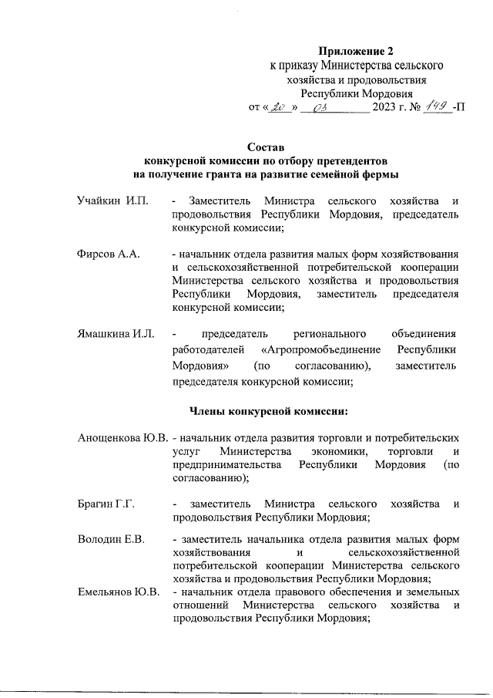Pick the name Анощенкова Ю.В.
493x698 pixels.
122,437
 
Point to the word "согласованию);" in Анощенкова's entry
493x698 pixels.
210,478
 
